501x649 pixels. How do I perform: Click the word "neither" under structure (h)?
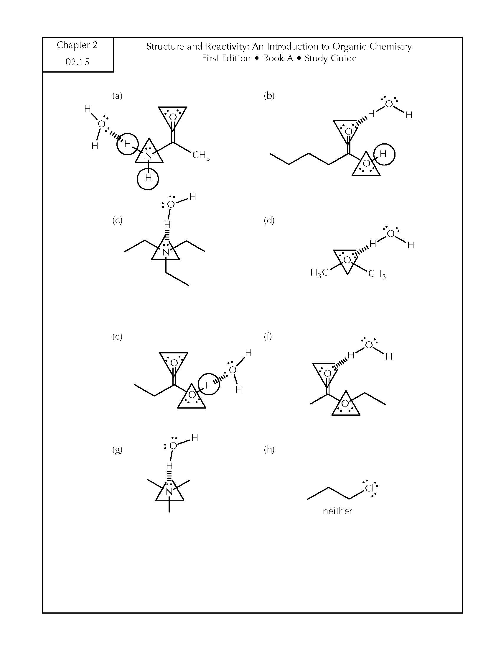(x=337, y=511)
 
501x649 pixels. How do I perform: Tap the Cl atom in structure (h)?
(x=369, y=489)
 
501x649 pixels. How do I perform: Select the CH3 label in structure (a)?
(x=201, y=155)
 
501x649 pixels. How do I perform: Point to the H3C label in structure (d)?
(x=319, y=273)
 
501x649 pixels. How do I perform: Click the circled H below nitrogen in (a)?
(x=148, y=178)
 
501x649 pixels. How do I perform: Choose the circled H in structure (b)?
(x=383, y=154)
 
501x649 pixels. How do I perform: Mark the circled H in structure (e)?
(x=208, y=385)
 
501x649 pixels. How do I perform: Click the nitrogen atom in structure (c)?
(x=166, y=252)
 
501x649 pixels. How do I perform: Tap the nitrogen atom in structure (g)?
(x=169, y=492)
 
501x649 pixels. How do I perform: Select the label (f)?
(x=268, y=336)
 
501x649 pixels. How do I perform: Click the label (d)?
(x=269, y=220)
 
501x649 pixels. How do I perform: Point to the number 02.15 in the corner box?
(x=78, y=62)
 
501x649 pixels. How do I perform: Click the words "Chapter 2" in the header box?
(x=77, y=45)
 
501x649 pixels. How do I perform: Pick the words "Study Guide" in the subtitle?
(x=330, y=58)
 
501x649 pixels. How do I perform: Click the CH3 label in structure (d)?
(x=377, y=274)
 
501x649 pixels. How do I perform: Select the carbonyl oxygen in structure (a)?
(x=173, y=117)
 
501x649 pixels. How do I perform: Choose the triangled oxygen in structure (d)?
(x=347, y=260)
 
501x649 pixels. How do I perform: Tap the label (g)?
(x=117, y=450)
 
